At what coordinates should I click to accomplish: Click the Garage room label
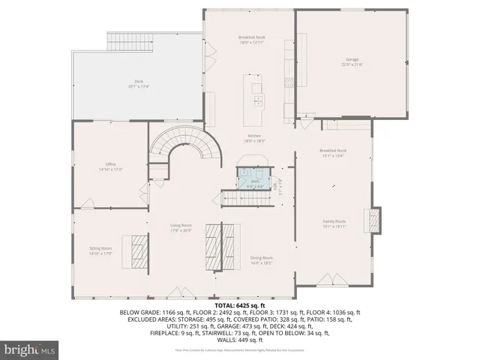tap(352, 58)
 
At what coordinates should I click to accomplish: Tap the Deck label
tap(139, 81)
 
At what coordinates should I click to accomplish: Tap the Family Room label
tap(334, 221)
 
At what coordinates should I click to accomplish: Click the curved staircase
tap(186, 146)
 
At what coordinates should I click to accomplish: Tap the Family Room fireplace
tap(373, 220)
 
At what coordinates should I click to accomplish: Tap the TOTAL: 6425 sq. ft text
tap(240, 305)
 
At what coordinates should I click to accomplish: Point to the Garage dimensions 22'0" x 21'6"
tap(352, 64)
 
